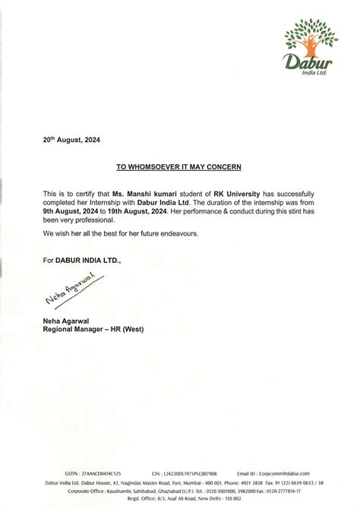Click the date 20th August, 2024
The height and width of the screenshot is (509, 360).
pyautogui.click(x=71, y=140)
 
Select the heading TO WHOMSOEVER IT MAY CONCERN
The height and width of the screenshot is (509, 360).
pyautogui.click(x=179, y=164)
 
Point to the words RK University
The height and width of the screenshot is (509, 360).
pyautogui.click(x=229, y=194)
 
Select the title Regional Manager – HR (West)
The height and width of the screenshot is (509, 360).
pyautogui.click(x=93, y=330)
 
